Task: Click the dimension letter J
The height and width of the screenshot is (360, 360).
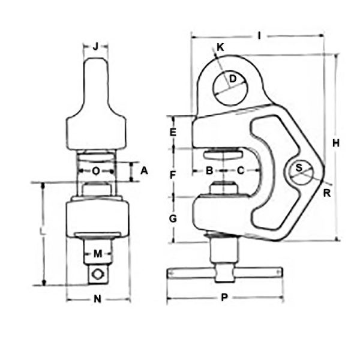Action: [96, 46]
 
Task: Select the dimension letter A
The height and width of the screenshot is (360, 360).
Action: [144, 171]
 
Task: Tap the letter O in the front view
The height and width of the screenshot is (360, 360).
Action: [96, 171]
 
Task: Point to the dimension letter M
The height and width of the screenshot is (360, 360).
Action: [97, 253]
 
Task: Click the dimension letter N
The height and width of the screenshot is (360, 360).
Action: [97, 298]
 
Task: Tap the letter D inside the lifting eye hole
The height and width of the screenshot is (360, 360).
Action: [232, 78]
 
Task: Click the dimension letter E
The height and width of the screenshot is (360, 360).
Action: [173, 132]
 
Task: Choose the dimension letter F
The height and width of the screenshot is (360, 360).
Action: [173, 175]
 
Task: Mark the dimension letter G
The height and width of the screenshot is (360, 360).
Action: [173, 219]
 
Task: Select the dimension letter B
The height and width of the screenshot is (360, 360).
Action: [209, 171]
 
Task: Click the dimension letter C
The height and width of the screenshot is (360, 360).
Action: [240, 171]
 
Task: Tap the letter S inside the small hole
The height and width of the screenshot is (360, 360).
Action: [299, 169]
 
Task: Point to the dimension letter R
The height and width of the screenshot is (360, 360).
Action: [326, 193]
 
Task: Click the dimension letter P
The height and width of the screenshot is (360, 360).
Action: [224, 298]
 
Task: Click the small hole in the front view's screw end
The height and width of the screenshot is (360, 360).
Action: [98, 275]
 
